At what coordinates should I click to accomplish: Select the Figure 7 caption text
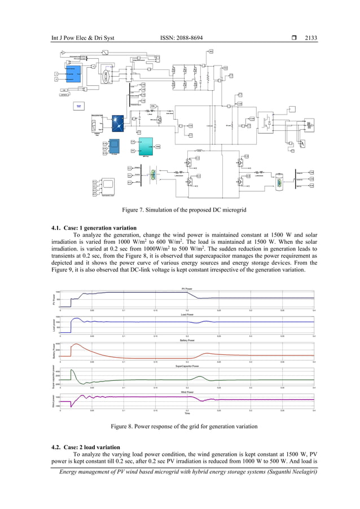pos(180,210)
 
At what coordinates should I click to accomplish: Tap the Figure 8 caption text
pos(179,426)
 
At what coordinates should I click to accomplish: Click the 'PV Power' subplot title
pos(187,288)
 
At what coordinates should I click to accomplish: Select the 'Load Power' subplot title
pos(187,314)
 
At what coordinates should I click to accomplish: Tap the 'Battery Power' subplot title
pos(187,341)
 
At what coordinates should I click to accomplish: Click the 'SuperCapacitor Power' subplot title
pos(187,367)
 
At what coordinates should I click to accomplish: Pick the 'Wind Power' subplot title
pos(187,392)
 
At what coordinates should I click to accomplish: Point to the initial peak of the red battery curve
pos(74,344)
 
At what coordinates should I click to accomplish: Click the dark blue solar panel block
pos(117,122)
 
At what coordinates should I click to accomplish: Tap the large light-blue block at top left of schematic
pos(74,73)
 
